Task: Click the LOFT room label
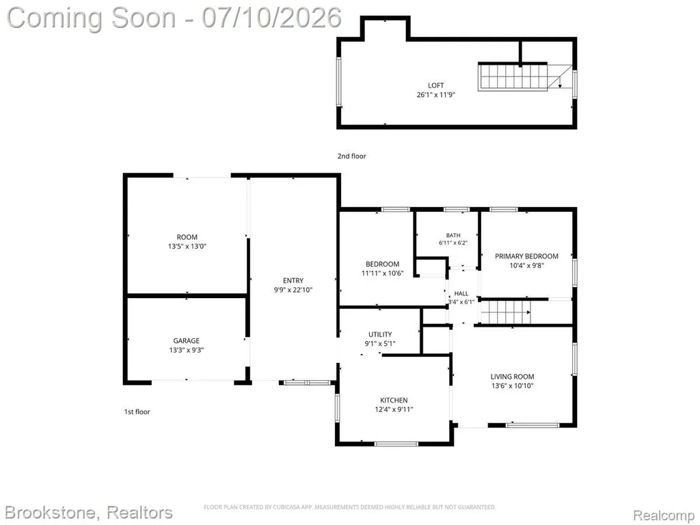pyautogui.click(x=435, y=85)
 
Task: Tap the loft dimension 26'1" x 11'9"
pyautogui.click(x=435, y=94)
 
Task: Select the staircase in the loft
pyautogui.click(x=513, y=77)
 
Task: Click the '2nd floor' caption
pyautogui.click(x=351, y=156)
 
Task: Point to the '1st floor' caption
pyautogui.click(x=137, y=412)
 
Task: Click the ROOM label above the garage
pyautogui.click(x=187, y=237)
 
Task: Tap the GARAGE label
pyautogui.click(x=186, y=340)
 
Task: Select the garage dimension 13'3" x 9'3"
pyautogui.click(x=186, y=350)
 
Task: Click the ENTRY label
pyautogui.click(x=293, y=280)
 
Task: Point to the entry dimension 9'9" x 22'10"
pyautogui.click(x=293, y=290)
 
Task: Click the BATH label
pyautogui.click(x=453, y=235)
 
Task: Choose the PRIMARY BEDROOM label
pyautogui.click(x=526, y=256)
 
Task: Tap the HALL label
pyautogui.click(x=461, y=293)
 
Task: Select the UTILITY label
pyautogui.click(x=380, y=334)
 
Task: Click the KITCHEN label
pyautogui.click(x=394, y=400)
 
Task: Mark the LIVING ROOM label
pyautogui.click(x=512, y=377)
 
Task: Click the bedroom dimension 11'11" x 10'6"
pyautogui.click(x=382, y=273)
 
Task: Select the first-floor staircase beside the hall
pyautogui.click(x=506, y=312)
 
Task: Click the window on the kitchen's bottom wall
pyautogui.click(x=396, y=444)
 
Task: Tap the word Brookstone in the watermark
pyautogui.click(x=51, y=513)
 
